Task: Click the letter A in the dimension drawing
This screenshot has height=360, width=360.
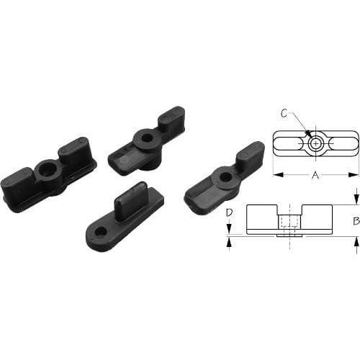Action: point(315,174)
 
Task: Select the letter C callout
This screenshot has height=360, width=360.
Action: point(285,113)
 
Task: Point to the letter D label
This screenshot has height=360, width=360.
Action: point(228,212)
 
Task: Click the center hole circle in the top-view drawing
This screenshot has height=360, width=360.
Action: point(315,144)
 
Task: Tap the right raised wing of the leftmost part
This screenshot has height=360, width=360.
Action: point(75,150)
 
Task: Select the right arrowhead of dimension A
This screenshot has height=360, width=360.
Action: point(355,174)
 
